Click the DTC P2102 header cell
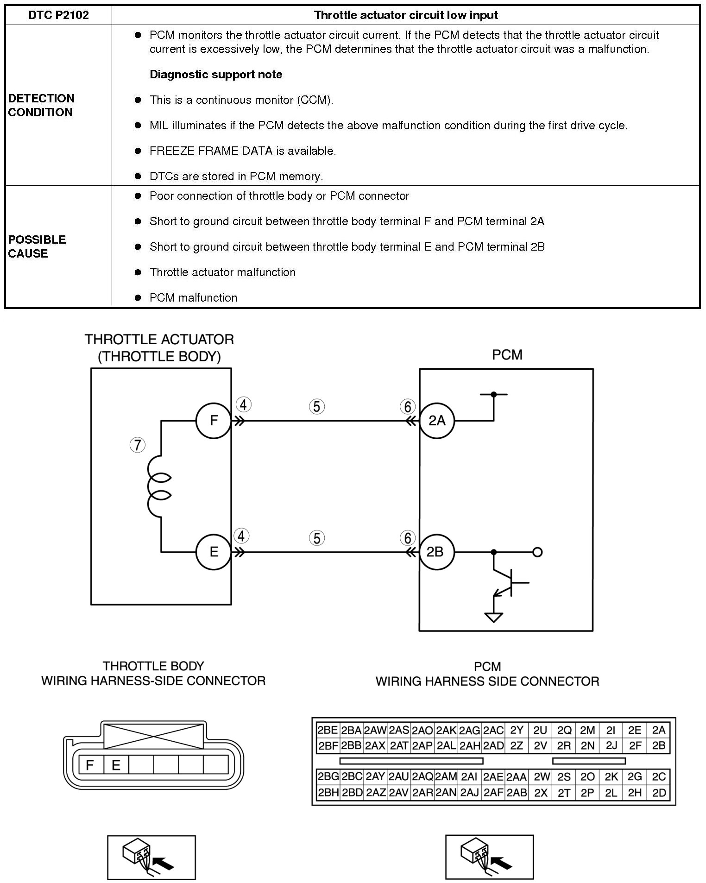pos(58,15)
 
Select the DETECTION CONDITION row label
pos(41,105)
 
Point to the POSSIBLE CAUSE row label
pos(37,246)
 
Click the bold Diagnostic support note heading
pos(216,75)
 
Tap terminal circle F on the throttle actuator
pos(214,421)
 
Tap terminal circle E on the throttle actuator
pos(214,552)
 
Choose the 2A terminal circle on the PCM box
pos(437,421)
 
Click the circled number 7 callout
pos(138,445)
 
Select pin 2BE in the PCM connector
pos(328,730)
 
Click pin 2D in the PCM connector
pos(659,793)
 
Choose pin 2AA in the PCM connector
pos(517,777)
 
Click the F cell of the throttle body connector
pos(90,764)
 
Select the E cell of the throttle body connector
pos(116,764)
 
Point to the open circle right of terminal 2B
pos(537,552)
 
